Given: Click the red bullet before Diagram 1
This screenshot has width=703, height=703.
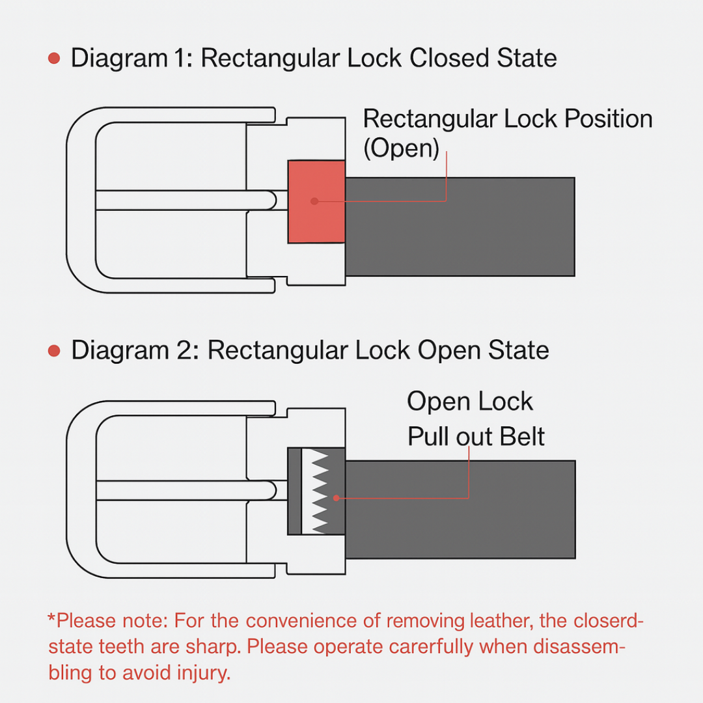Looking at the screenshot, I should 55,59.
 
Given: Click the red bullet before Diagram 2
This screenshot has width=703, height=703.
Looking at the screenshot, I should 55,351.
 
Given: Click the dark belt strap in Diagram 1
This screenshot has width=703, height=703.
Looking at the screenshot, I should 459,227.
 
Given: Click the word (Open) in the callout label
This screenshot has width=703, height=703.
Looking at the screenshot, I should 400,148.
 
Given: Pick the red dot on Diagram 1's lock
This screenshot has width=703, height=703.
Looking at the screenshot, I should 314,201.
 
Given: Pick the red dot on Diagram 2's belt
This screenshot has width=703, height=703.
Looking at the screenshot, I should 336,498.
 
